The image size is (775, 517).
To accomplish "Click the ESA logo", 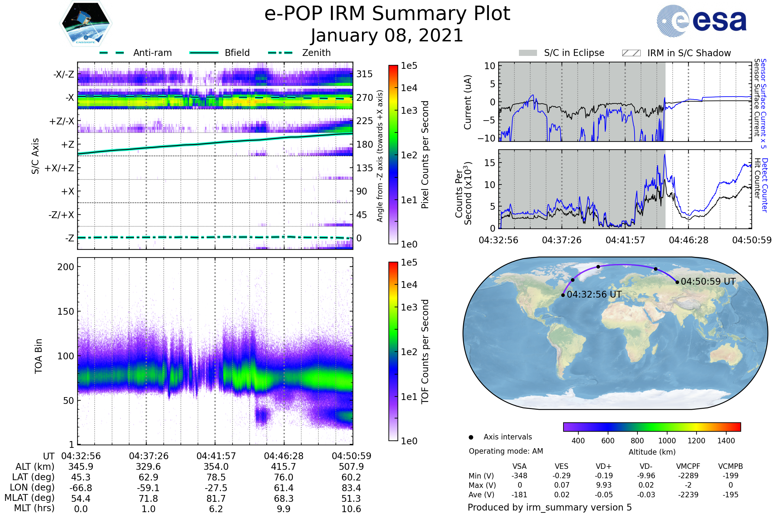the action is [x=701, y=21].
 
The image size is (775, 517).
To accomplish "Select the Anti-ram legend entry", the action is [x=135, y=53].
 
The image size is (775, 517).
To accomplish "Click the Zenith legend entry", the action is [x=299, y=53].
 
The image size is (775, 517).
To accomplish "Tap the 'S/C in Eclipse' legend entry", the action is [x=562, y=53].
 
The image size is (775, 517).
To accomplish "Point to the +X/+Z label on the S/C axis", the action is [x=59, y=168].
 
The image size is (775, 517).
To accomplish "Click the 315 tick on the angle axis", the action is [x=365, y=74].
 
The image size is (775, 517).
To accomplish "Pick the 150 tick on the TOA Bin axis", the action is [x=66, y=311].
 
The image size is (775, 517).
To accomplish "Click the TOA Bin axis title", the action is [x=38, y=356].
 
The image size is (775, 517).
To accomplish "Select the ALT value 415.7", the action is [x=284, y=467].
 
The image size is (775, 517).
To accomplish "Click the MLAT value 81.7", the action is [x=216, y=499].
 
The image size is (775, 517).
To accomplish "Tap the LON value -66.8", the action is [x=81, y=488].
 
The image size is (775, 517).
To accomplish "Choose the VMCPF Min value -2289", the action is [x=688, y=476].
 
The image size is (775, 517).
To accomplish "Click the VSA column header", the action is [x=520, y=467].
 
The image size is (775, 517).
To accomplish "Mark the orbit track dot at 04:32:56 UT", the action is [x=563, y=295].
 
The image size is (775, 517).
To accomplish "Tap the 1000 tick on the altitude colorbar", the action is [x=667, y=441].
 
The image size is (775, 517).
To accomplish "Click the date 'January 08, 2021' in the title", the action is [x=387, y=36].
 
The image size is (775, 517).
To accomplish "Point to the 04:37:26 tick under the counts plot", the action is [x=562, y=240].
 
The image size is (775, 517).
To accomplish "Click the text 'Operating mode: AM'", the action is [x=506, y=451].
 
